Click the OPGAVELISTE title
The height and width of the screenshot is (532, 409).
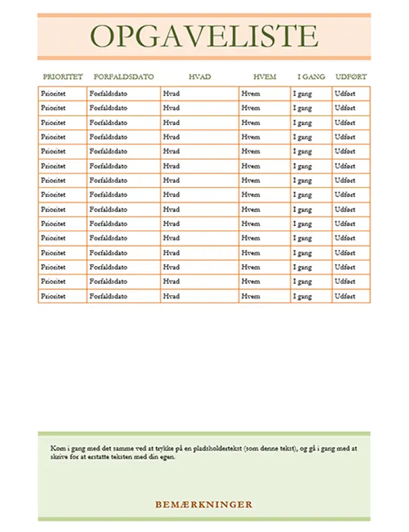(204, 36)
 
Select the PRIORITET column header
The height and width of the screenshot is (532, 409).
(62, 76)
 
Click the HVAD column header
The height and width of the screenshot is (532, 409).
(199, 76)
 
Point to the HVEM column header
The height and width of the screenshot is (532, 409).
(264, 76)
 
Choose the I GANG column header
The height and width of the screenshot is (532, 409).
(311, 76)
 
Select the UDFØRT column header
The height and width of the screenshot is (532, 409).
(351, 76)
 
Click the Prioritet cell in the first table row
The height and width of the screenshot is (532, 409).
(53, 94)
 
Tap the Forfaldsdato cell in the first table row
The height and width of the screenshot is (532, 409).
(108, 94)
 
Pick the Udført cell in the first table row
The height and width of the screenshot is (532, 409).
(345, 94)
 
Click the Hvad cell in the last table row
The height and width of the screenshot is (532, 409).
(171, 297)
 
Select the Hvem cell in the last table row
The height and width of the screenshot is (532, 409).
(251, 297)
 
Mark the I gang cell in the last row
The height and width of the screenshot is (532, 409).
(303, 297)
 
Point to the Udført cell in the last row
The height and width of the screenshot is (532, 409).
(345, 297)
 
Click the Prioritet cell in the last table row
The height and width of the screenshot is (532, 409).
(53, 297)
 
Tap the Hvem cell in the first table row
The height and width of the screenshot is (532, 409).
(251, 94)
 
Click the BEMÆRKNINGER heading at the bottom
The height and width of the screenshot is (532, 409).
(204, 505)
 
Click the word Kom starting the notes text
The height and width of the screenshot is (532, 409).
(57, 449)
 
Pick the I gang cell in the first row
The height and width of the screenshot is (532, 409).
(303, 94)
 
